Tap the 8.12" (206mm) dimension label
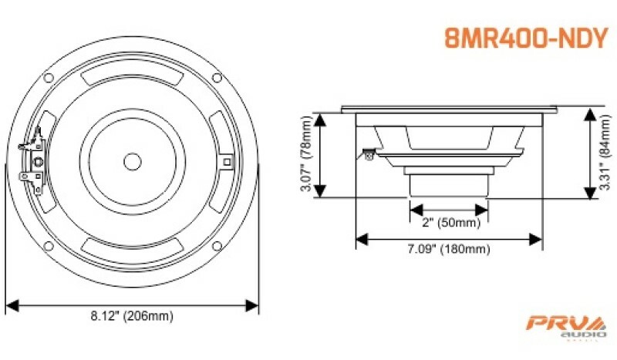(132, 315)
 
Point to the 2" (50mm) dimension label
(449, 224)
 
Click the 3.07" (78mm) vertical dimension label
(306, 155)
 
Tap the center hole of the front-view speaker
(132, 161)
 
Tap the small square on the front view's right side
(226, 161)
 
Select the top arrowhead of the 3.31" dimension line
(591, 113)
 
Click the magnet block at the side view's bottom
(449, 186)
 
